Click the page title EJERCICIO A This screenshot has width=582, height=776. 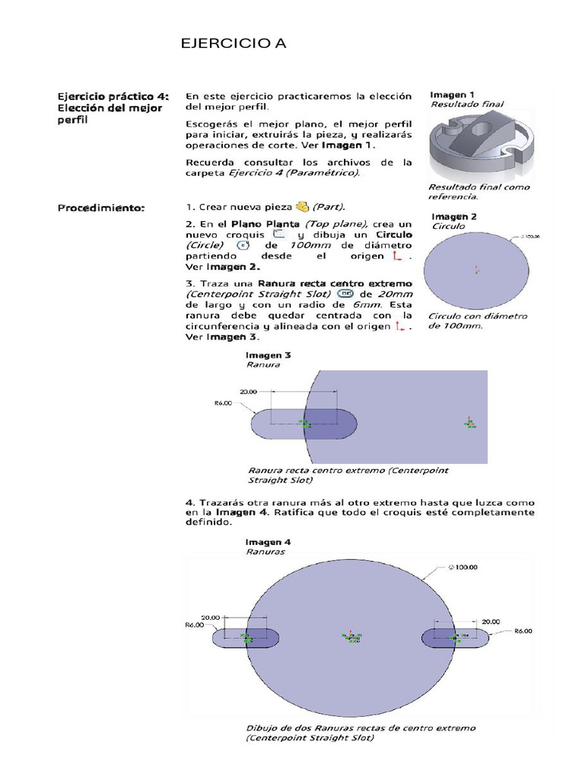[x=233, y=44]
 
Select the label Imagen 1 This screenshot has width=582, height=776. [x=452, y=95]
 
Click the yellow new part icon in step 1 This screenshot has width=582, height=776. [x=302, y=206]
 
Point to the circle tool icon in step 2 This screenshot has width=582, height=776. [x=242, y=246]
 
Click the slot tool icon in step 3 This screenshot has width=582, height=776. [x=345, y=294]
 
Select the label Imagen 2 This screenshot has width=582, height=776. [x=454, y=216]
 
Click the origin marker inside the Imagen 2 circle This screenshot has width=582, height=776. [x=476, y=269]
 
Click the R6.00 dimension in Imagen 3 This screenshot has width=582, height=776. [x=223, y=404]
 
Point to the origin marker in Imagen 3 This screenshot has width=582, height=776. [x=468, y=423]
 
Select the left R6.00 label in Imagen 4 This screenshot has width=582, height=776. [x=196, y=626]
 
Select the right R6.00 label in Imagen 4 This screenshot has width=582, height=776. [x=524, y=630]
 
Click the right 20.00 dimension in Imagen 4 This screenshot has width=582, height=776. [x=491, y=621]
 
